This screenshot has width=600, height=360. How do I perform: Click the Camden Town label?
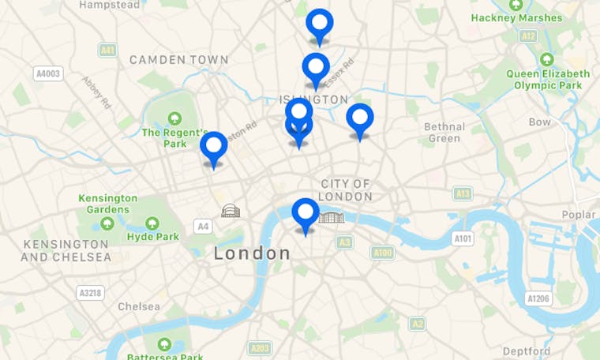coord(178,59)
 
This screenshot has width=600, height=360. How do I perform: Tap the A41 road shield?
coord(108,50)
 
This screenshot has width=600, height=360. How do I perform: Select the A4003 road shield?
coord(48,73)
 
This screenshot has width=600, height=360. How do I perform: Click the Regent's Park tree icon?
coord(174,118)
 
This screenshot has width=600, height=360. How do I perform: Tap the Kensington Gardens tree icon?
coord(107,223)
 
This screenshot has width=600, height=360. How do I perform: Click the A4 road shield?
coord(203,227)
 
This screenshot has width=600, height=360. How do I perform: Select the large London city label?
coord(253,253)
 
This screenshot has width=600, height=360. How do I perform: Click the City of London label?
coord(346,189)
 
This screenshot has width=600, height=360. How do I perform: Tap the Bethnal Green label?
coord(444,132)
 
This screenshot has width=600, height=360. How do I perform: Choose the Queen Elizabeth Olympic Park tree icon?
coord(546,59)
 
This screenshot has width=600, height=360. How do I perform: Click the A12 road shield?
coord(528,36)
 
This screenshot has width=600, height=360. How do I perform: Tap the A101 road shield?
coord(463,238)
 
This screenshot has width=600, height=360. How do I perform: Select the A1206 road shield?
coord(538,298)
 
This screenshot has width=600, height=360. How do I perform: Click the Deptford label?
coord(527,351)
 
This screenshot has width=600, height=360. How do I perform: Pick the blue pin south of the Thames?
coord(306,213)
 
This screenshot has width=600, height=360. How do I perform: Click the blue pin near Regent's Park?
coord(213,147)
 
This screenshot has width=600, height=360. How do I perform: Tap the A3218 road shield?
coord(91,293)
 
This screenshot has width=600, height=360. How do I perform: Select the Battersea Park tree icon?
coord(164,344)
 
